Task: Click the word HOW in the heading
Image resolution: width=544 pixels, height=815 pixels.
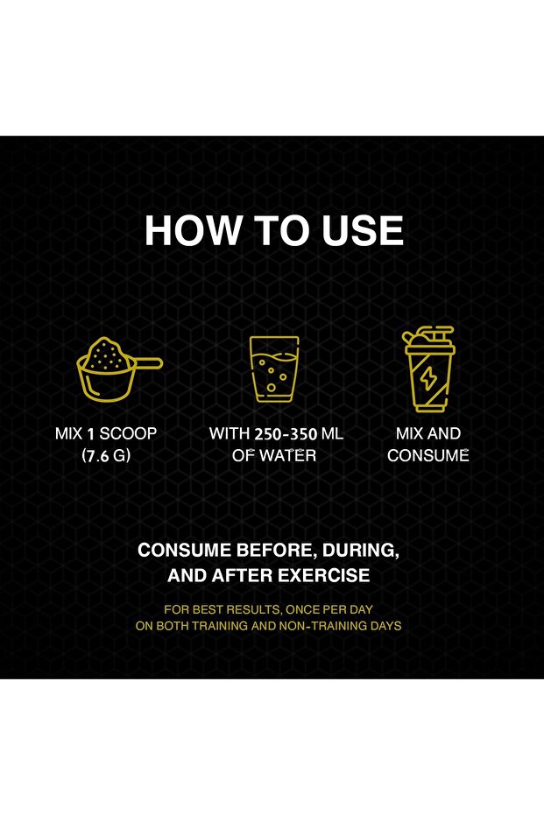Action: coord(194,230)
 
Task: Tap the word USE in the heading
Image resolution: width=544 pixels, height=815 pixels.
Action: coord(363,230)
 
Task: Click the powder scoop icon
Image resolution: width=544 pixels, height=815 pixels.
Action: coord(119,369)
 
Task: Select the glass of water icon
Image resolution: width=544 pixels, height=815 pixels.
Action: coord(274,369)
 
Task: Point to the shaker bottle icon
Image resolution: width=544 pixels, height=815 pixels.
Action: coord(429,369)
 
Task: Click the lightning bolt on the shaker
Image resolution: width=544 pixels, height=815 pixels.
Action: coord(428,379)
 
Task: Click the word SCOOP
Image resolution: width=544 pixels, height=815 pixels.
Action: coord(128,433)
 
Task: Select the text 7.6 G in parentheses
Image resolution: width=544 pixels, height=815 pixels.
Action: coord(106,456)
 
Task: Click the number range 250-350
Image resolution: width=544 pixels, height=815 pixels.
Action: coord(286,433)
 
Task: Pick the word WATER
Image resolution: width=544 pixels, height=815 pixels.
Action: coord(287,456)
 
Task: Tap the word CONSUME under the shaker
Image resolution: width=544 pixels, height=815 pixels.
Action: coord(428,456)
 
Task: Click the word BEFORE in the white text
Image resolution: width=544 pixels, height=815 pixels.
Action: coord(274,551)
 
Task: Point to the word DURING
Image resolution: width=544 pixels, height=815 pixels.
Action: coord(361,551)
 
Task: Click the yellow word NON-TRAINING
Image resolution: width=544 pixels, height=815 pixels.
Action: coord(321,626)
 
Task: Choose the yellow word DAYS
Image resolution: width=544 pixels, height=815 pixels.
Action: coord(385,626)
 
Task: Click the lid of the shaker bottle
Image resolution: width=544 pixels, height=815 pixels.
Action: coord(429,339)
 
